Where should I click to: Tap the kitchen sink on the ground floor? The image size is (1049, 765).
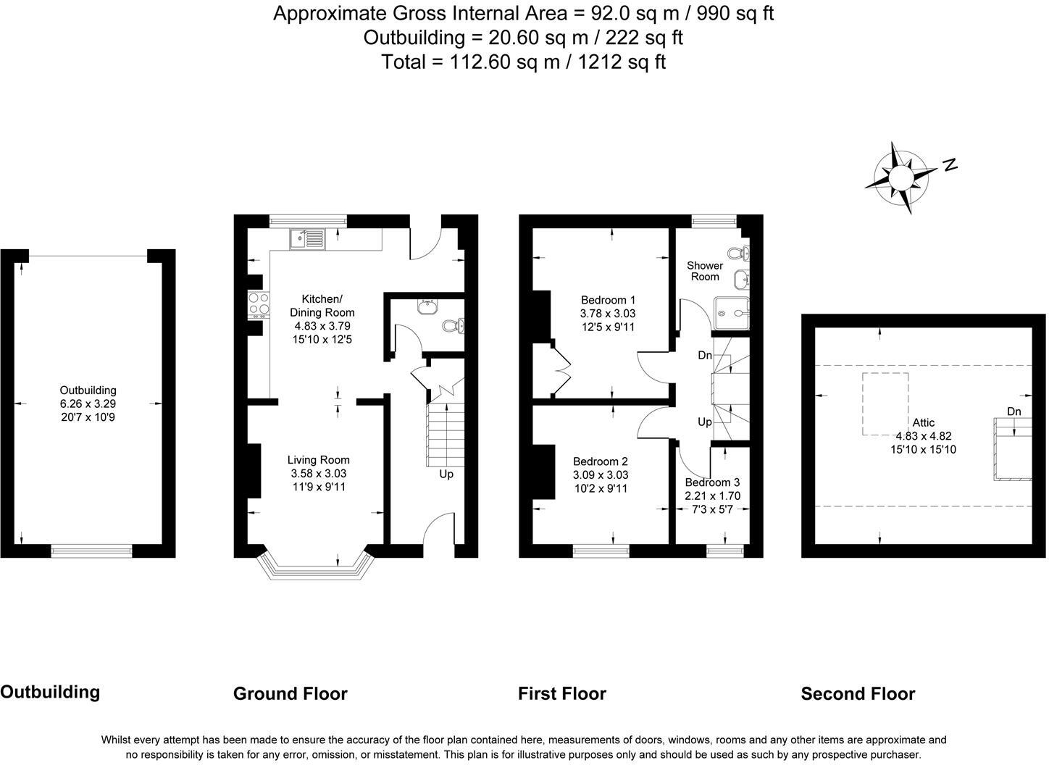point(307,239)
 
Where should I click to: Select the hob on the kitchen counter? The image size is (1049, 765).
point(259,305)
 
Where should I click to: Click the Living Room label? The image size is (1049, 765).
point(319,460)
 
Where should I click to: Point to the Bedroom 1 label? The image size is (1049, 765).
point(608,300)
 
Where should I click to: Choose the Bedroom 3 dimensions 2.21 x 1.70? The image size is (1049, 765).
point(713,496)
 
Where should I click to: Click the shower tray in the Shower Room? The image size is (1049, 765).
point(732,313)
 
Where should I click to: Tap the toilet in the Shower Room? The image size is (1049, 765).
point(739,254)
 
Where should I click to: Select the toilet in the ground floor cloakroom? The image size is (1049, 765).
point(454,325)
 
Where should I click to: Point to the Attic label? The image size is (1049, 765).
point(924,423)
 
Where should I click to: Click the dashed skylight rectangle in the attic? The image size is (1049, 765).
point(885,404)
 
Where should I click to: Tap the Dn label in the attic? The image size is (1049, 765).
point(1014,411)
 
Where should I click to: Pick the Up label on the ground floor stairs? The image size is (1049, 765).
point(446,475)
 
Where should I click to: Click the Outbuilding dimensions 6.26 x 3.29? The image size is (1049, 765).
point(88,404)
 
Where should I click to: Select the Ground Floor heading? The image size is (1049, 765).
point(291,693)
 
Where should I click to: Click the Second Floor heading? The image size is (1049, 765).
point(858,693)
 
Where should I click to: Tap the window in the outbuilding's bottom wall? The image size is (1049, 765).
point(91,551)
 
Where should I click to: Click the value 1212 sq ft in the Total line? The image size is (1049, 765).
point(622,62)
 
